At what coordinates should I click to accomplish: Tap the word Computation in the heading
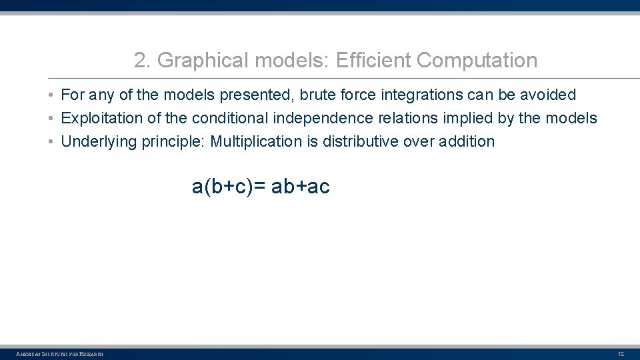pyautogui.click(x=477, y=61)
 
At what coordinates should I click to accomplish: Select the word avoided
pyautogui.click(x=548, y=95)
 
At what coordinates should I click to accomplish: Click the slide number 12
pyautogui.click(x=621, y=353)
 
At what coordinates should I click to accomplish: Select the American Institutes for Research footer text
pyautogui.click(x=59, y=353)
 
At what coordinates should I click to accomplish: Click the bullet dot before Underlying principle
pyautogui.click(x=51, y=141)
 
